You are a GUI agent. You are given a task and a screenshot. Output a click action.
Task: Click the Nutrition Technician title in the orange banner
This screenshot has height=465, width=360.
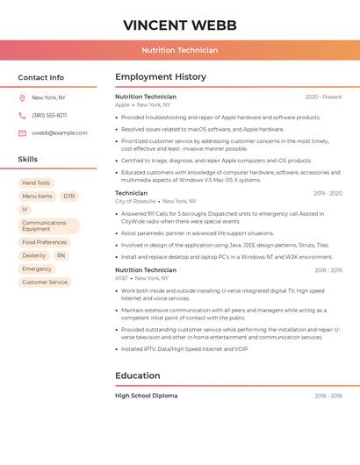point(179,50)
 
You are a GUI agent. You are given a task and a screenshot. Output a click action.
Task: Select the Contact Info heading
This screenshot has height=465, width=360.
point(41,77)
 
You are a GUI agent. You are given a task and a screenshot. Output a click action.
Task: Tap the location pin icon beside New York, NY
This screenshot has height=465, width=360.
point(22,98)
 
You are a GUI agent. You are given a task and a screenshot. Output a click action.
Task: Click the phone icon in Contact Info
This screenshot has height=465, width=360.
point(22,116)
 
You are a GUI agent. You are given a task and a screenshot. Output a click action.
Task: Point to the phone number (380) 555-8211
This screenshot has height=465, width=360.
point(49,116)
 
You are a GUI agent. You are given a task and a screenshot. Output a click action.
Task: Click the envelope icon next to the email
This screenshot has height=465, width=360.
point(22,133)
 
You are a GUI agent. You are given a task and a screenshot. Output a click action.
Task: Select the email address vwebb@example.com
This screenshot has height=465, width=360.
point(60,133)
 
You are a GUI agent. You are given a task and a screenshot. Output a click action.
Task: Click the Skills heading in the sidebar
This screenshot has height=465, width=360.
point(28,160)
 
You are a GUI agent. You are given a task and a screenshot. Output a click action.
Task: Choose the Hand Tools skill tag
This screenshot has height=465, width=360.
point(36,183)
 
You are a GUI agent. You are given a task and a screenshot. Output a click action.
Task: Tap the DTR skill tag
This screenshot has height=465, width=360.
point(69,197)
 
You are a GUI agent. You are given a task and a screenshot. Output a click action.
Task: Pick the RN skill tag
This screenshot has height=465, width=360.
point(61,255)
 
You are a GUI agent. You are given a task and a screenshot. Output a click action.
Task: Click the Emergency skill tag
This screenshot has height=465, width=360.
point(37,269)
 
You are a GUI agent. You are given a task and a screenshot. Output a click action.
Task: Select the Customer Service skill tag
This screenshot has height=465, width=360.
point(45,283)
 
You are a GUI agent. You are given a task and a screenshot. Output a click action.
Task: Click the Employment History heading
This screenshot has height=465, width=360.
point(161,77)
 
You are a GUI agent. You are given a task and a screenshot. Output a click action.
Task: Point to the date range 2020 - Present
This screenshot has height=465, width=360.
point(323,97)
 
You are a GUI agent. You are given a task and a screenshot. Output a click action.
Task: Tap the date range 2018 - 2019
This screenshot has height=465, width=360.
point(328,270)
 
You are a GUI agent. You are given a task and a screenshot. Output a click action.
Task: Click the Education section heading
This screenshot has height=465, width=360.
point(138,376)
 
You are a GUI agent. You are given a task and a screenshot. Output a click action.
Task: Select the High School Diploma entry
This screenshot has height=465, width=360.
point(147,396)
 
